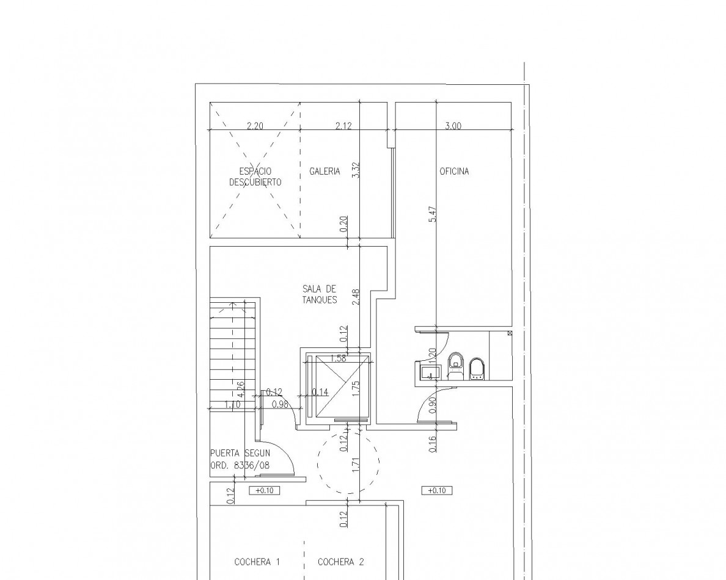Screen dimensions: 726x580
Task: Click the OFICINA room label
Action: click(453, 171)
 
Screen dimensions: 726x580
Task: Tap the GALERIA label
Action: click(324, 171)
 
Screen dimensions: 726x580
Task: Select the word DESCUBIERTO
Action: click(255, 182)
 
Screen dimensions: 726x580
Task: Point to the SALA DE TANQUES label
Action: click(320, 294)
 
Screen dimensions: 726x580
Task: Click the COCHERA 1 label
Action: click(257, 562)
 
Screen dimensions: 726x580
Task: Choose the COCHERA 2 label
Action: click(341, 562)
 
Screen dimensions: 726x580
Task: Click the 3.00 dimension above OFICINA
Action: click(453, 126)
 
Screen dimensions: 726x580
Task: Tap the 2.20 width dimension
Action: click(255, 126)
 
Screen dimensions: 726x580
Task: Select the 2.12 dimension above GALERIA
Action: click(343, 126)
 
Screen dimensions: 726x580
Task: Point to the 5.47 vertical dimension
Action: click(433, 214)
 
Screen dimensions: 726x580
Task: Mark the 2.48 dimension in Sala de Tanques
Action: click(356, 297)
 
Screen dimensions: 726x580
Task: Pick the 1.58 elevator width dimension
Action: click(338, 358)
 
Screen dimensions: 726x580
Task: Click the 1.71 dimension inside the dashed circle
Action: click(356, 465)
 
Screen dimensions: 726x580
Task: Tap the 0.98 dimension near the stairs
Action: click(280, 404)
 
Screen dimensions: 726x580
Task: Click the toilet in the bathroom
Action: click(456, 367)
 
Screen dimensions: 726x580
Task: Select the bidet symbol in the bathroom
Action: click(477, 369)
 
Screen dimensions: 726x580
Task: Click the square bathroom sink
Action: click(430, 372)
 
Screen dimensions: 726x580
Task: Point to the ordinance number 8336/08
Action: click(252, 465)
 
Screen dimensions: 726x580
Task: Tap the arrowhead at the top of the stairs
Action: click(232, 305)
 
